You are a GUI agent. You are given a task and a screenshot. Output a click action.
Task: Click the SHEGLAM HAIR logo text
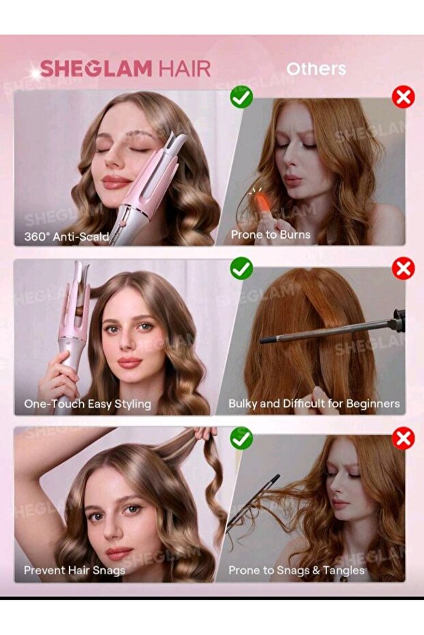tap(125, 69)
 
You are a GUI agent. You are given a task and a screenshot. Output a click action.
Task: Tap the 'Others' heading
tap(316, 69)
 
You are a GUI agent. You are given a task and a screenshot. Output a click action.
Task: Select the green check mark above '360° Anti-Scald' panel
tap(241, 97)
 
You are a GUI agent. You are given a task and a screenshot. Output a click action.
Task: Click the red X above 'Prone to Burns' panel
tap(404, 97)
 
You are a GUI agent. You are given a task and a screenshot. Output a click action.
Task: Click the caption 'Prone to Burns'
tap(270, 235)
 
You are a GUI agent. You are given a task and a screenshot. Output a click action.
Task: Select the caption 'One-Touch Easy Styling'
tap(87, 404)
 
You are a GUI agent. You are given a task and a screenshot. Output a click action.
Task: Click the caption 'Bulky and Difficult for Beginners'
tap(314, 404)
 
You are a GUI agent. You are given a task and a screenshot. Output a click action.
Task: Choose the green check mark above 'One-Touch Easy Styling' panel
tap(241, 268)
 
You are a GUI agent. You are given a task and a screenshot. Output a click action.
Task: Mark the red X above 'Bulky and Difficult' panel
tap(404, 268)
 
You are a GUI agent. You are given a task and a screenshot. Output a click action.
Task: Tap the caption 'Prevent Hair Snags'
tap(74, 570)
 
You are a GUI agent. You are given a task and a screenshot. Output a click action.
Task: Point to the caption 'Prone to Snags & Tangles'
tap(296, 570)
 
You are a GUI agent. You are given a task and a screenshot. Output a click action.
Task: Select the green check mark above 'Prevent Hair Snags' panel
tap(241, 439)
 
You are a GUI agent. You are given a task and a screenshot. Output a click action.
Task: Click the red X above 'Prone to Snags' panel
tap(404, 439)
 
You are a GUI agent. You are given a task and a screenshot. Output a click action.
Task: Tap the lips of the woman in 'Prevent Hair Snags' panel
tap(119, 552)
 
